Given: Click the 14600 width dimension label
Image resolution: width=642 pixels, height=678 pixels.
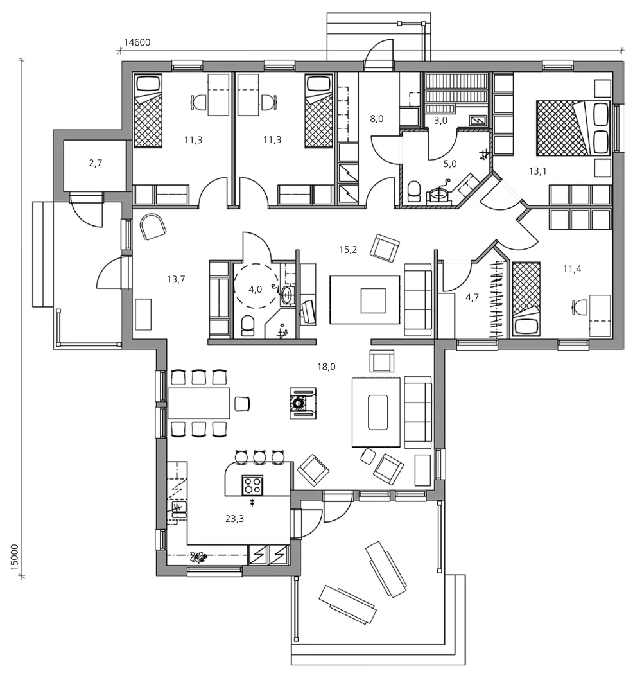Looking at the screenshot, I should pyautogui.click(x=137, y=43).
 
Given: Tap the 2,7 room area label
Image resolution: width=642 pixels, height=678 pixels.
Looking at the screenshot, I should pyautogui.click(x=95, y=163).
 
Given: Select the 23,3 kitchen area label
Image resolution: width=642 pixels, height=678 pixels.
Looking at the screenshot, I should pyautogui.click(x=234, y=519).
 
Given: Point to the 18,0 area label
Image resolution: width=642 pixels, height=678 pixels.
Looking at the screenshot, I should pyautogui.click(x=326, y=367).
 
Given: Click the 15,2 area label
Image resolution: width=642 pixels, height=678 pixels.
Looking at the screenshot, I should pyautogui.click(x=348, y=248).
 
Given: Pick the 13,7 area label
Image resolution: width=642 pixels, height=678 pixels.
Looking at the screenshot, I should pyautogui.click(x=176, y=279).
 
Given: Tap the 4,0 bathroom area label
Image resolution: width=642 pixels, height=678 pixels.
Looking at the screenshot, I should pyautogui.click(x=255, y=289).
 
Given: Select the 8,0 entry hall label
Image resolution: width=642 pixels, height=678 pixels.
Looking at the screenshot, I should pyautogui.click(x=377, y=119).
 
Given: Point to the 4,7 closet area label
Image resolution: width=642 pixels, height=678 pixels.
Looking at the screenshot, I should pyautogui.click(x=472, y=297).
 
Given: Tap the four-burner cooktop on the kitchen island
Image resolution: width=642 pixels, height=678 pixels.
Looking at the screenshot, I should pyautogui.click(x=251, y=483).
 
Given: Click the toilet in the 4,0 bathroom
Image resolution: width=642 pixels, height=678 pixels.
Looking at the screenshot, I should pyautogui.click(x=248, y=326).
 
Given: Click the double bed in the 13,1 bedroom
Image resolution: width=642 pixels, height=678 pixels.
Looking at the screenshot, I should pyautogui.click(x=562, y=127).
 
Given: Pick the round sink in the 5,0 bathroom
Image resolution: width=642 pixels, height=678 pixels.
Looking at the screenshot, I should pyautogui.click(x=442, y=193).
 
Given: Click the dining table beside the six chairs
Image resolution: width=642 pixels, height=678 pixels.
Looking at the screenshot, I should pyautogui.click(x=198, y=403).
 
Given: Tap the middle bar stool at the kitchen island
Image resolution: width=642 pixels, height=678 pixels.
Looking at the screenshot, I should pyautogui.click(x=259, y=456).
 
